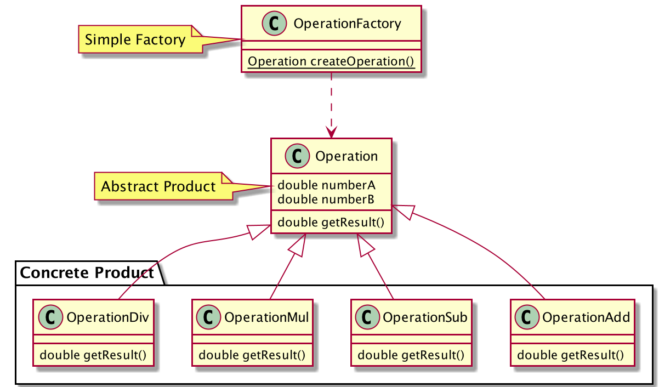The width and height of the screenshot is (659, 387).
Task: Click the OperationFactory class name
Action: tap(348, 24)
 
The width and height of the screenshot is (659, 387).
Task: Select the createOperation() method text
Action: tap(331, 61)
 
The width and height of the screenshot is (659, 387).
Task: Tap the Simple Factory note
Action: tap(135, 39)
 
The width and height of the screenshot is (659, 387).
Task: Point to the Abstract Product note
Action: tap(158, 186)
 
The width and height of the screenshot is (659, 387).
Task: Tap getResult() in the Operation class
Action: tap(331, 222)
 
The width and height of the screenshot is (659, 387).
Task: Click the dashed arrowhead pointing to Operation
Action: tap(331, 132)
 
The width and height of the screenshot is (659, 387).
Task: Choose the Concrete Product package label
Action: tap(87, 272)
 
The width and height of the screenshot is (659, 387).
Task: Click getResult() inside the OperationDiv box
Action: tap(93, 355)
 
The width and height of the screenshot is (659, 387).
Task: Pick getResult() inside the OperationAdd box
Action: tap(571, 355)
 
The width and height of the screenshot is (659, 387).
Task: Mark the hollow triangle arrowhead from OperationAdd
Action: tap(398, 212)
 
